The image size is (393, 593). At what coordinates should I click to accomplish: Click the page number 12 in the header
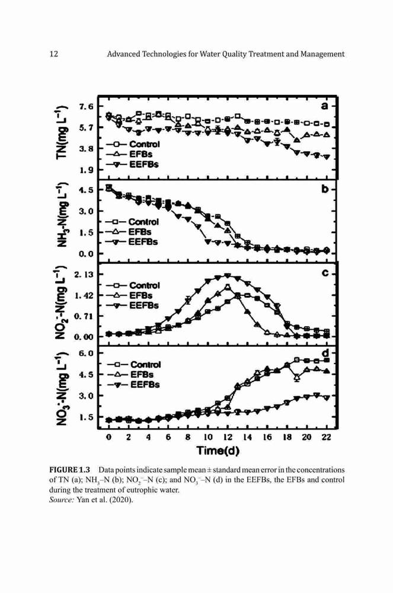54,54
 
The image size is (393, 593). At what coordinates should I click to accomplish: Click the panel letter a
324,106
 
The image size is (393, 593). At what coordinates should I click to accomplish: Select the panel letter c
325,273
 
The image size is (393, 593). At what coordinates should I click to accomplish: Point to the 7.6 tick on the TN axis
86,107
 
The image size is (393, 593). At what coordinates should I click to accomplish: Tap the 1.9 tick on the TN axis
86,170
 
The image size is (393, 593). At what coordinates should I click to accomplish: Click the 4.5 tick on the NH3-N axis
86,190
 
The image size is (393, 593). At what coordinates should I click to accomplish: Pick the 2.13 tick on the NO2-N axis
84,275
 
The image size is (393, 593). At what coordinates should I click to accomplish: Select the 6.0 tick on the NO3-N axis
86,353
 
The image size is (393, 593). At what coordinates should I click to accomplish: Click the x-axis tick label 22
326,437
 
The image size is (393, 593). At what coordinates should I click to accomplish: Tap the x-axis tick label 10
208,437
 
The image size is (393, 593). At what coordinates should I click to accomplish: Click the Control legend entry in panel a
133,144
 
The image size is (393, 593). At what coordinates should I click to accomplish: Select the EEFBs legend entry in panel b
132,242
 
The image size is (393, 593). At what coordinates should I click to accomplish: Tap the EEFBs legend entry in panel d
133,385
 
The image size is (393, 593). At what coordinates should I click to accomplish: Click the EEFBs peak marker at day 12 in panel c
227,276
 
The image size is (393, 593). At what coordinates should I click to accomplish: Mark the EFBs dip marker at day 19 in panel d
297,377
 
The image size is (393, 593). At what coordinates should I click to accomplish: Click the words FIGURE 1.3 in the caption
70,470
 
